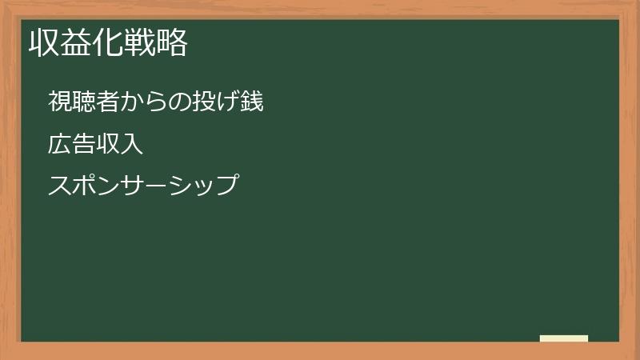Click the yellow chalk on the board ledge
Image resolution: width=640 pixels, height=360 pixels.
click(564, 338)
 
